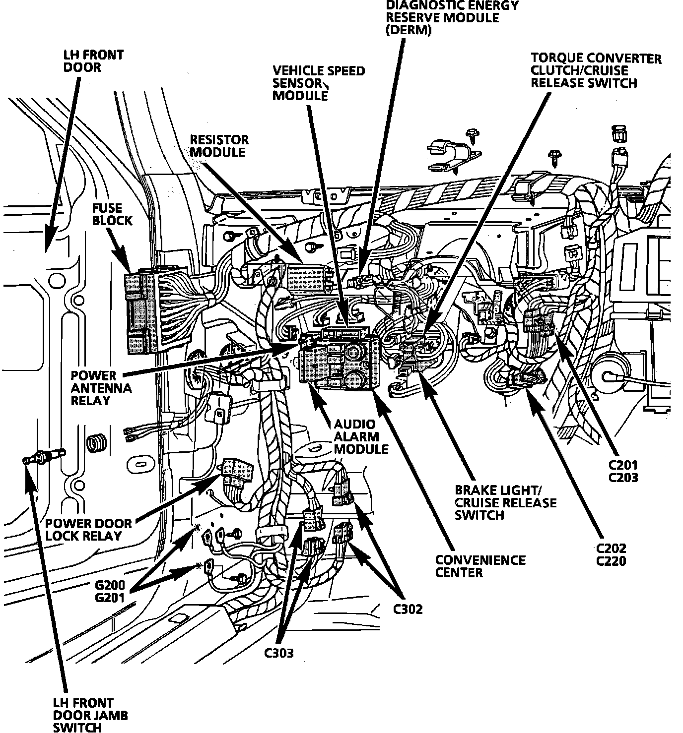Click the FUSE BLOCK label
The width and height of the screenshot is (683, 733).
112,214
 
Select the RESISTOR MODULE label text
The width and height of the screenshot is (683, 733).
218,146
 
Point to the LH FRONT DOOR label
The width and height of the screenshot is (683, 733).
93,61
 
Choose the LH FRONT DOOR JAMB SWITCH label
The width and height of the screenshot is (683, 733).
90,715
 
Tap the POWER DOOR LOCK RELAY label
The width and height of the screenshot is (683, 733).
88,529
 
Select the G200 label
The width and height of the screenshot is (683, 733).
110,585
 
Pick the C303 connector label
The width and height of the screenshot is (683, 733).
279,653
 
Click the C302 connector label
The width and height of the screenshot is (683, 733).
408,609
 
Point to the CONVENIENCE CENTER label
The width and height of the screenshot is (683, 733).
480,566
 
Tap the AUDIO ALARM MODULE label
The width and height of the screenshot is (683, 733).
361,436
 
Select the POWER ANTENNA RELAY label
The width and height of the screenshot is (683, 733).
101,388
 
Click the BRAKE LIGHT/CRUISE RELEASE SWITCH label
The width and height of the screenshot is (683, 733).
505,502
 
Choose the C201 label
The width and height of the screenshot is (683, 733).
623,465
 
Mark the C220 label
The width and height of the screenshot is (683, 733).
611,561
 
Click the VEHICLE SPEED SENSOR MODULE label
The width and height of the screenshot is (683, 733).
318,83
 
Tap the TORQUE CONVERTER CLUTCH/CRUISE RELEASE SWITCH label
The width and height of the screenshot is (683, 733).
595,70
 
